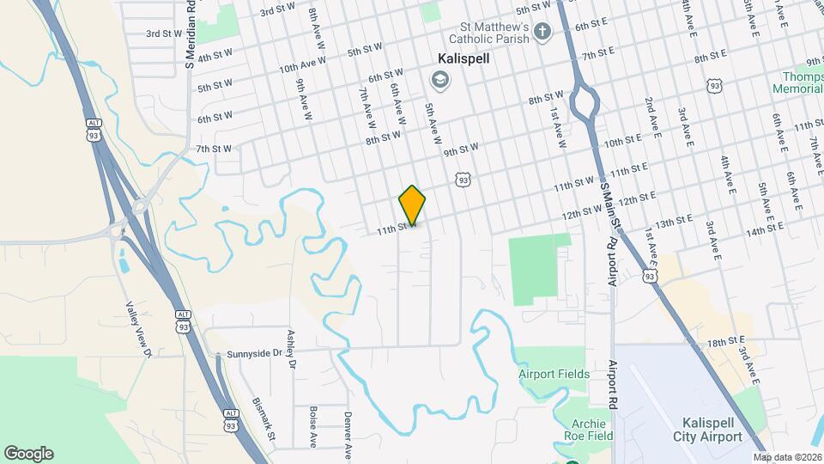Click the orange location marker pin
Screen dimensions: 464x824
[412, 205]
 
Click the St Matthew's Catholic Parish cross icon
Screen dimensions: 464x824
[542, 33]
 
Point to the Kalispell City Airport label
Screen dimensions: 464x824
[712, 430]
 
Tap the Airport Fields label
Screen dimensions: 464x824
[554, 374]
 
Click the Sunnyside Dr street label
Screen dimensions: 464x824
[254, 353]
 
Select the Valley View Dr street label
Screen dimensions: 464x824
[138, 329]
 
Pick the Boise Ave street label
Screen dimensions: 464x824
[313, 427]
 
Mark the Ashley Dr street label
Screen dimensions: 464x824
[292, 351]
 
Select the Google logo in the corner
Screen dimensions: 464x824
[28, 454]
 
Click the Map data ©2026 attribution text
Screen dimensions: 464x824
[786, 457]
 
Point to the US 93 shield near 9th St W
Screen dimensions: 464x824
[463, 180]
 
